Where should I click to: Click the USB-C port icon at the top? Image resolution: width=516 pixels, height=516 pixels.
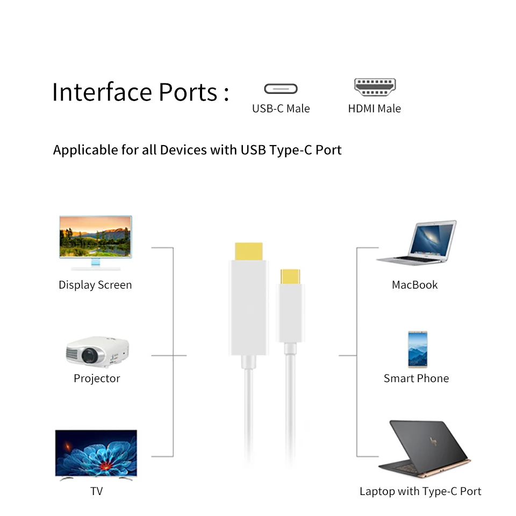point(281,89)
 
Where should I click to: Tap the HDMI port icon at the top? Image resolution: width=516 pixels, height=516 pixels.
point(375,87)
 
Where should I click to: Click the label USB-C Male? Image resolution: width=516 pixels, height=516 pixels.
point(281,109)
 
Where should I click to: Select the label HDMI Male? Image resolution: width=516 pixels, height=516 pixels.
point(374,109)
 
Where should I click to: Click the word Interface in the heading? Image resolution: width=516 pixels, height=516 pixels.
point(102,92)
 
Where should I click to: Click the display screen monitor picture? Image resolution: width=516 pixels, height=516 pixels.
point(96,241)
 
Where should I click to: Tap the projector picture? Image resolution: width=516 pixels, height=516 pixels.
point(97,352)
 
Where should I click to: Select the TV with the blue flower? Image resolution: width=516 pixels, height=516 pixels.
point(96,453)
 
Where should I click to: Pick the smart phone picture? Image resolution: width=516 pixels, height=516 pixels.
point(417,349)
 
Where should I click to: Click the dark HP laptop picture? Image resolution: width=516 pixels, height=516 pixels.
point(424,449)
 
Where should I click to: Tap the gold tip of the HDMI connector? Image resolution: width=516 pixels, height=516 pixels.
point(248,251)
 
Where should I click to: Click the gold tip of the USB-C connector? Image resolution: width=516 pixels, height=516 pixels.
point(290,276)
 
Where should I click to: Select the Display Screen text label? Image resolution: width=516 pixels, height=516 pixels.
point(95,285)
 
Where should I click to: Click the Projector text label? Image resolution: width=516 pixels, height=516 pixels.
point(97,378)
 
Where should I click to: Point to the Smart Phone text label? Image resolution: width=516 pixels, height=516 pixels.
point(416,378)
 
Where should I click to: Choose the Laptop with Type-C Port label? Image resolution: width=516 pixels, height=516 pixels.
point(420,491)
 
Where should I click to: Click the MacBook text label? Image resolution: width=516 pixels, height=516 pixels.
point(414,285)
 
